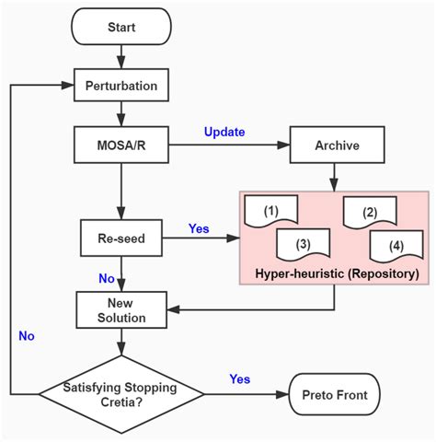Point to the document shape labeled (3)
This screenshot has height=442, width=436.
[x=303, y=245]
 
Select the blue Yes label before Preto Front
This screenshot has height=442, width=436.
[x=238, y=378]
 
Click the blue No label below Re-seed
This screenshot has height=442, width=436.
[x=107, y=276]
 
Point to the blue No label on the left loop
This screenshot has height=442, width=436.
[x=26, y=336]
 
